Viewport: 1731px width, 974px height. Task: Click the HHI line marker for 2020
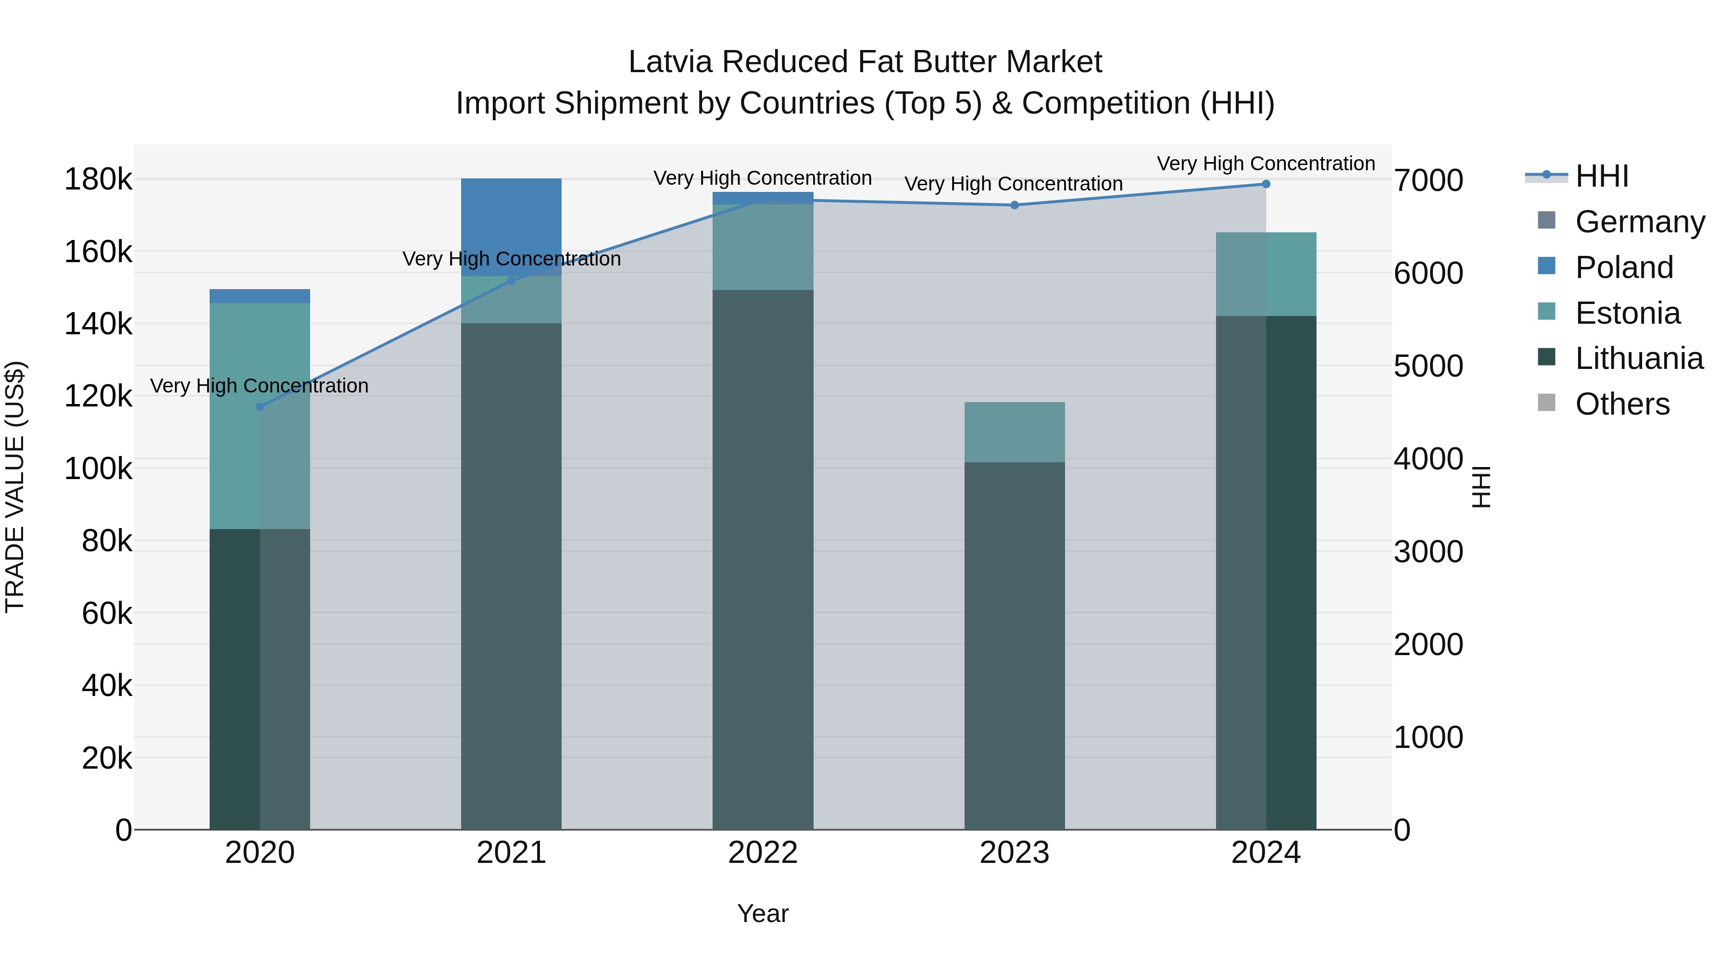260,406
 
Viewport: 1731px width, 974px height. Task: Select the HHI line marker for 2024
1266,184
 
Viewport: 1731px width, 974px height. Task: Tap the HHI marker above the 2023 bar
1015,205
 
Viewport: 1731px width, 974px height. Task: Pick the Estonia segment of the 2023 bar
1015,432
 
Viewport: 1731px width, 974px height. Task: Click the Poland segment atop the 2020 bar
260,296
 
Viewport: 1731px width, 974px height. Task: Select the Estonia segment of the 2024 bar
1266,274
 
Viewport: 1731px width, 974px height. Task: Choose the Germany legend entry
1640,222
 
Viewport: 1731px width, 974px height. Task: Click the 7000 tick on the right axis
1429,181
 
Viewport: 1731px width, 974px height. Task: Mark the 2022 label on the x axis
763,853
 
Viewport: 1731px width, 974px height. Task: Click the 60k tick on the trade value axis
107,613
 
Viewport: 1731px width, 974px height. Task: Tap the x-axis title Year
763,913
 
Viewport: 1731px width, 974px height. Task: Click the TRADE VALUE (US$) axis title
15,487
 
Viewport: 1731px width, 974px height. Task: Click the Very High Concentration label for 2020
259,386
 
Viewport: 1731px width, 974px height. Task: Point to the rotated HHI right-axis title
1481,487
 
